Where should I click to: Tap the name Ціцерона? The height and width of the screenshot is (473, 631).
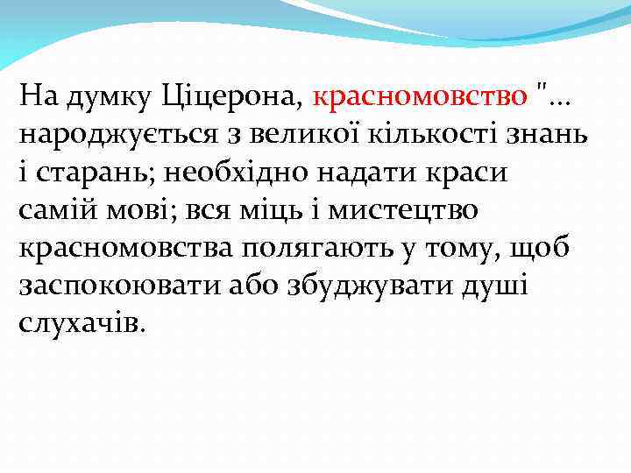[x=232, y=95]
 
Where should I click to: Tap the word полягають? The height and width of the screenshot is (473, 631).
[x=314, y=248]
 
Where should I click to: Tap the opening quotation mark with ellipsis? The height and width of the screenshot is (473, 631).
[x=553, y=94]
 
